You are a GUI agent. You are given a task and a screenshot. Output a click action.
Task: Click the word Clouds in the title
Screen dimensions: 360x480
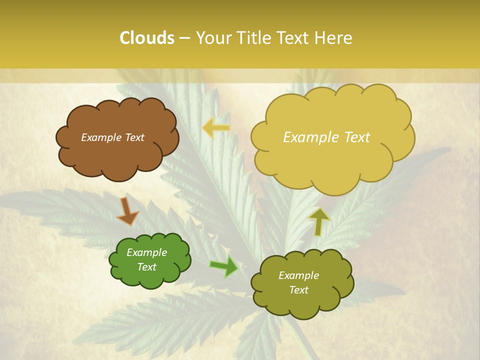point(146,38)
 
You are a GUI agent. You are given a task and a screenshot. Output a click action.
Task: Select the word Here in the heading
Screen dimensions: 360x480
point(333,38)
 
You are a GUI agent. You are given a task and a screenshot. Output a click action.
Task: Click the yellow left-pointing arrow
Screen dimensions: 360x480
point(216,128)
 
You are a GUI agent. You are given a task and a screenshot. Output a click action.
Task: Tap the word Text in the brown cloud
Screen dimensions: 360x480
point(134,137)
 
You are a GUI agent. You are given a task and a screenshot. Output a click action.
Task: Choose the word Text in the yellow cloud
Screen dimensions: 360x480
point(356,137)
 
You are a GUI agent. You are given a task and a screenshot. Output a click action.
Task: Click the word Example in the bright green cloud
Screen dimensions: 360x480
point(146,252)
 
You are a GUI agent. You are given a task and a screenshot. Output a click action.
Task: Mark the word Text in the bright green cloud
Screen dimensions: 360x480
point(146,267)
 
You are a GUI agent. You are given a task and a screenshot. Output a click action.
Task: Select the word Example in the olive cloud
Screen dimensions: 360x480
point(298,275)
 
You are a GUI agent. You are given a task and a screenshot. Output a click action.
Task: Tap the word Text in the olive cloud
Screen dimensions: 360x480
point(298,290)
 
